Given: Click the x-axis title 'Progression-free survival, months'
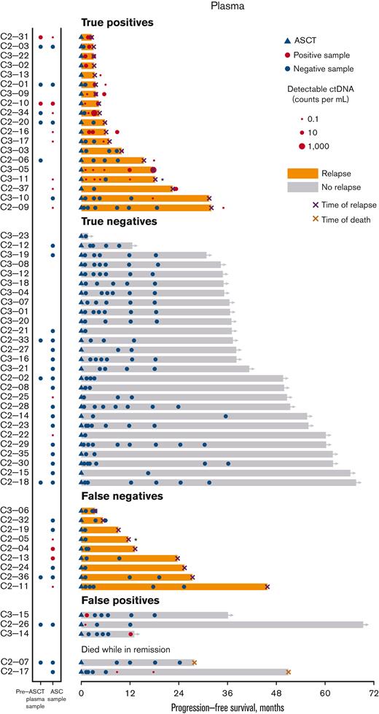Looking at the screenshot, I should point(227,707).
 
